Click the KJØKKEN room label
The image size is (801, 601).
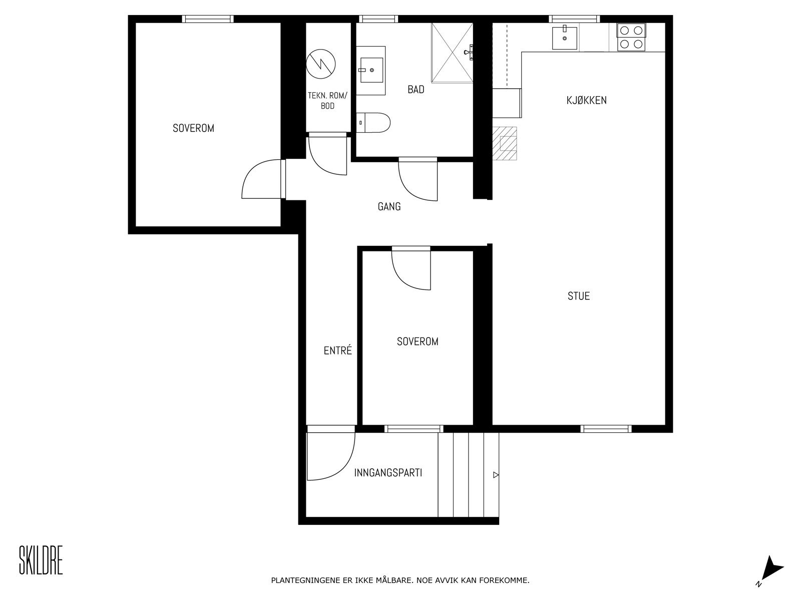click(x=586, y=100)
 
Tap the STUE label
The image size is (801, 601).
click(x=578, y=296)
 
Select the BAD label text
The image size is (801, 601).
click(x=416, y=90)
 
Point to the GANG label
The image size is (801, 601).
click(x=389, y=206)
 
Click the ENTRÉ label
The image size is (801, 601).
click(x=337, y=351)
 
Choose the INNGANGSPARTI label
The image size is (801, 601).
click(x=388, y=472)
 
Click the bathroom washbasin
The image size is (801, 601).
click(x=371, y=70)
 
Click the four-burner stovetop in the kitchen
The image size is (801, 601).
click(x=630, y=37)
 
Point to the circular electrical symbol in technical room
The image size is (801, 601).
click(x=320, y=64)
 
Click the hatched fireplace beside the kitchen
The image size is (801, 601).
click(x=505, y=143)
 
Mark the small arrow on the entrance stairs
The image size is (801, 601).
click(x=496, y=475)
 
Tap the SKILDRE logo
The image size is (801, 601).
click(x=41, y=560)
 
